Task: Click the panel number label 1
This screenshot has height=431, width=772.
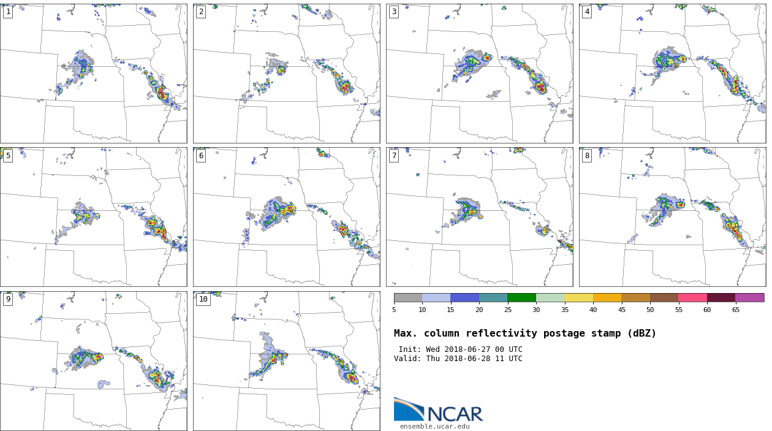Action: (x=8, y=12)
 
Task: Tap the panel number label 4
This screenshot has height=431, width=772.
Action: (x=587, y=12)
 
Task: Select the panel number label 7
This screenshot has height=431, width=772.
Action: (x=394, y=156)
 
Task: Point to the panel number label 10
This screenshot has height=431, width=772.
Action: (x=203, y=299)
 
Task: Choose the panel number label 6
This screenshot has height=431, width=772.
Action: (x=201, y=156)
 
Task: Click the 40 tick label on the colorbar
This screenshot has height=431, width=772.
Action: (x=593, y=310)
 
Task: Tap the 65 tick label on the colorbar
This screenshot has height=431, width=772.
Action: (x=735, y=310)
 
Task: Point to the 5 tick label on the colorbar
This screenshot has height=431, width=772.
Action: (x=394, y=310)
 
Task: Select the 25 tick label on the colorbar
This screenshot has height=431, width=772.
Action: (x=507, y=310)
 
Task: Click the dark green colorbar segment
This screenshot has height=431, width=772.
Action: (x=521, y=297)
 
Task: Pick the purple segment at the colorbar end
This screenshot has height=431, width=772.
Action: (x=749, y=297)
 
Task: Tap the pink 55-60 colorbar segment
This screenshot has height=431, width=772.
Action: (x=692, y=297)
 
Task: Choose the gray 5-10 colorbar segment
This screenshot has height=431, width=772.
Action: (x=408, y=297)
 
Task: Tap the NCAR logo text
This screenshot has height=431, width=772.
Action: (x=455, y=414)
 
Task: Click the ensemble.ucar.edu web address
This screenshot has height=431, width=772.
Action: (x=434, y=427)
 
